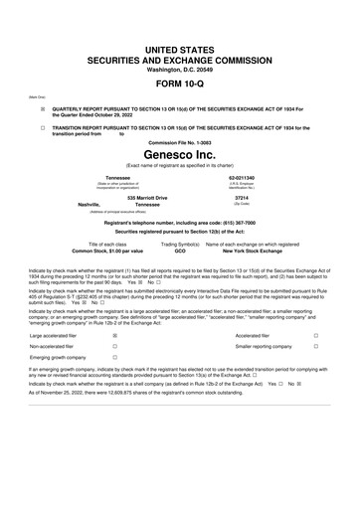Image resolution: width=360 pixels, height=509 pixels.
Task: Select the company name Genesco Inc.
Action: click(179, 156)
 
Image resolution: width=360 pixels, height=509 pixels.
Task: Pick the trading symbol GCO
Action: click(180, 251)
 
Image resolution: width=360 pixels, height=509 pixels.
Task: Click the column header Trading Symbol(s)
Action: click(181, 244)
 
